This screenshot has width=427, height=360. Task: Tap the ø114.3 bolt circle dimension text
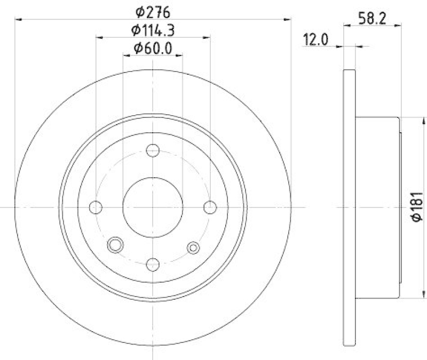coord(153,30)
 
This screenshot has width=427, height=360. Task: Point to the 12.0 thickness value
coord(314,39)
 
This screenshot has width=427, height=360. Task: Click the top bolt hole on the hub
coord(153,150)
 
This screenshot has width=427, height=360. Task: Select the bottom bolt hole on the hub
coord(153,263)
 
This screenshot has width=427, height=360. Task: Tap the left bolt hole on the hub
coord(97,207)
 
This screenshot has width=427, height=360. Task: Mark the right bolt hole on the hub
coord(210,207)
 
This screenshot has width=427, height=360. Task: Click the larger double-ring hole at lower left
coord(115,245)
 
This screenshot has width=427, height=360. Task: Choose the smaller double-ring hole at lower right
coord(193,246)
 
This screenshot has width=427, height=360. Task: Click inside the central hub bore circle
coord(153,207)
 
